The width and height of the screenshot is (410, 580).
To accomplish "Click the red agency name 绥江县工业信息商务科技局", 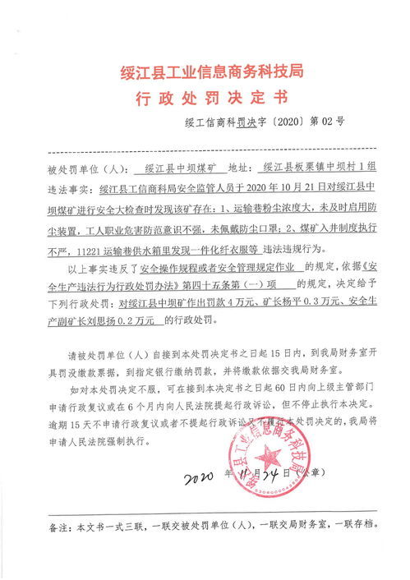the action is tap(205, 73).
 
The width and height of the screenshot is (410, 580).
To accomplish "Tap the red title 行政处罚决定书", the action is tap(205, 99).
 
